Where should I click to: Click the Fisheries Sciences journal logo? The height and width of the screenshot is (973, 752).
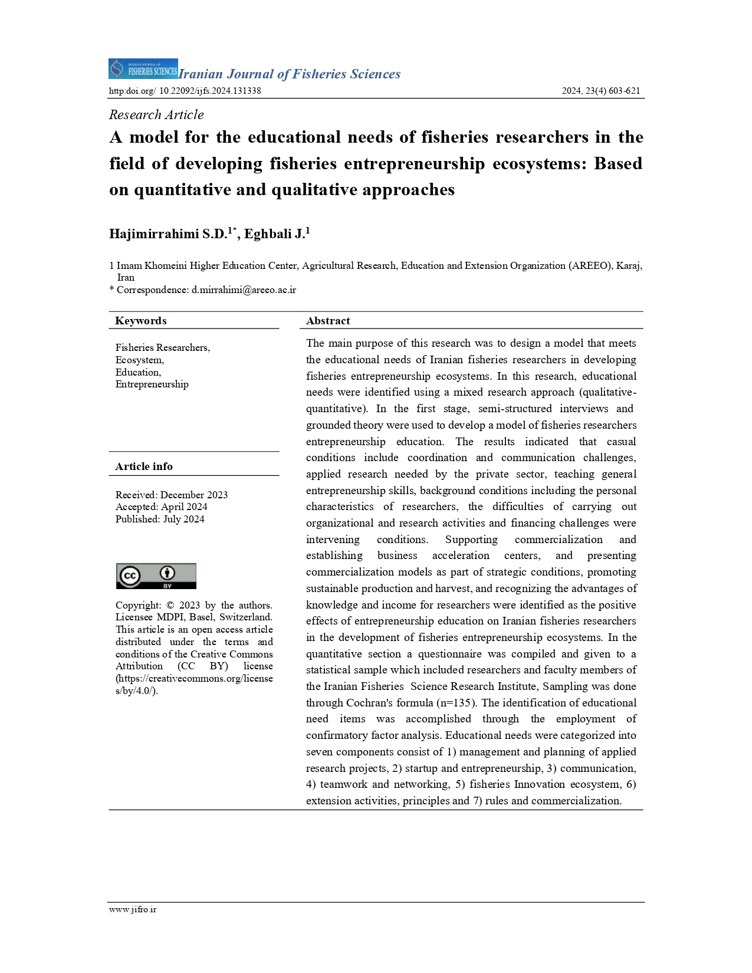pos(143,69)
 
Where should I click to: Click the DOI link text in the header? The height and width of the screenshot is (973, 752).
pos(185,91)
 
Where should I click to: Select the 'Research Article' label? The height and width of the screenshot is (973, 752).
pos(156,115)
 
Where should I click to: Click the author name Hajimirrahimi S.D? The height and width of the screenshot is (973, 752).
pos(168,234)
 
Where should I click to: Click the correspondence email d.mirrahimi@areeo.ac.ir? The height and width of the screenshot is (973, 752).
pos(244,290)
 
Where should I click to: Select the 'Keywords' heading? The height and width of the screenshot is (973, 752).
pos(141,321)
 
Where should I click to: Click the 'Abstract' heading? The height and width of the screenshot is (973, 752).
pos(328,321)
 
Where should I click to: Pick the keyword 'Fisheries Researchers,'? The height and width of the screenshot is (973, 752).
pos(163,348)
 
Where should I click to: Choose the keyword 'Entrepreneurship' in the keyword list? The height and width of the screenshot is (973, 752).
pos(152,384)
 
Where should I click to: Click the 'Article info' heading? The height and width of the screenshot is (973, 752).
pos(144,466)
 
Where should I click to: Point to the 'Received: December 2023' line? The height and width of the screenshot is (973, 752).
pos(172,495)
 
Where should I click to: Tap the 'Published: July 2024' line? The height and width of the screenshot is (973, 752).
pos(160,519)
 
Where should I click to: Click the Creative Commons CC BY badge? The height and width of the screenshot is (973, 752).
pos(156,576)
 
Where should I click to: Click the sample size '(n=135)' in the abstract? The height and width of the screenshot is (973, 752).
pos(456,703)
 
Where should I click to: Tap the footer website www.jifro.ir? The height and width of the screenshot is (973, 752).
pos(133,909)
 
